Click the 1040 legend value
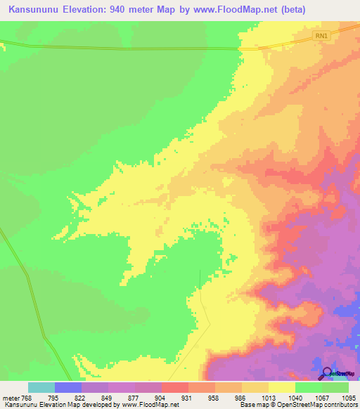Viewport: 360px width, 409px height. tap(294, 398)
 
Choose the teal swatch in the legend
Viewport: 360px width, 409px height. tap(41, 387)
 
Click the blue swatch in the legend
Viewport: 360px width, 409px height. tap(68, 387)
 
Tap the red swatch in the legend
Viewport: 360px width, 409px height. tap(174, 387)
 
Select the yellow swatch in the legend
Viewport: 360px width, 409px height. tap(281, 387)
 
